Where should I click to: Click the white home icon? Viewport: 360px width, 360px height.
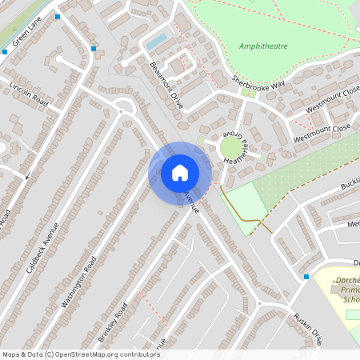coord(180,172)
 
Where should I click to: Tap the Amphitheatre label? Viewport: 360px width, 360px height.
coord(263,46)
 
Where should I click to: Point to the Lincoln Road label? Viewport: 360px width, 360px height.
coord(29,94)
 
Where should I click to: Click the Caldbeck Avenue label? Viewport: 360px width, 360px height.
coord(42,247)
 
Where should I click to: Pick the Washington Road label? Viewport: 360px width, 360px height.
coord(78,282)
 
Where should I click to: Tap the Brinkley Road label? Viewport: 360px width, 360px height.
coord(113,323)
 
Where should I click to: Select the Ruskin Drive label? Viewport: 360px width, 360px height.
coord(306,327)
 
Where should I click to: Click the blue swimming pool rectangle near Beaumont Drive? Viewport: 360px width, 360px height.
coord(157,41)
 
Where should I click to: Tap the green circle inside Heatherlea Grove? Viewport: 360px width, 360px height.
coord(230,147)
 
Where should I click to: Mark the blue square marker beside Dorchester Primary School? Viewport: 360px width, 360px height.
coord(306,277)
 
